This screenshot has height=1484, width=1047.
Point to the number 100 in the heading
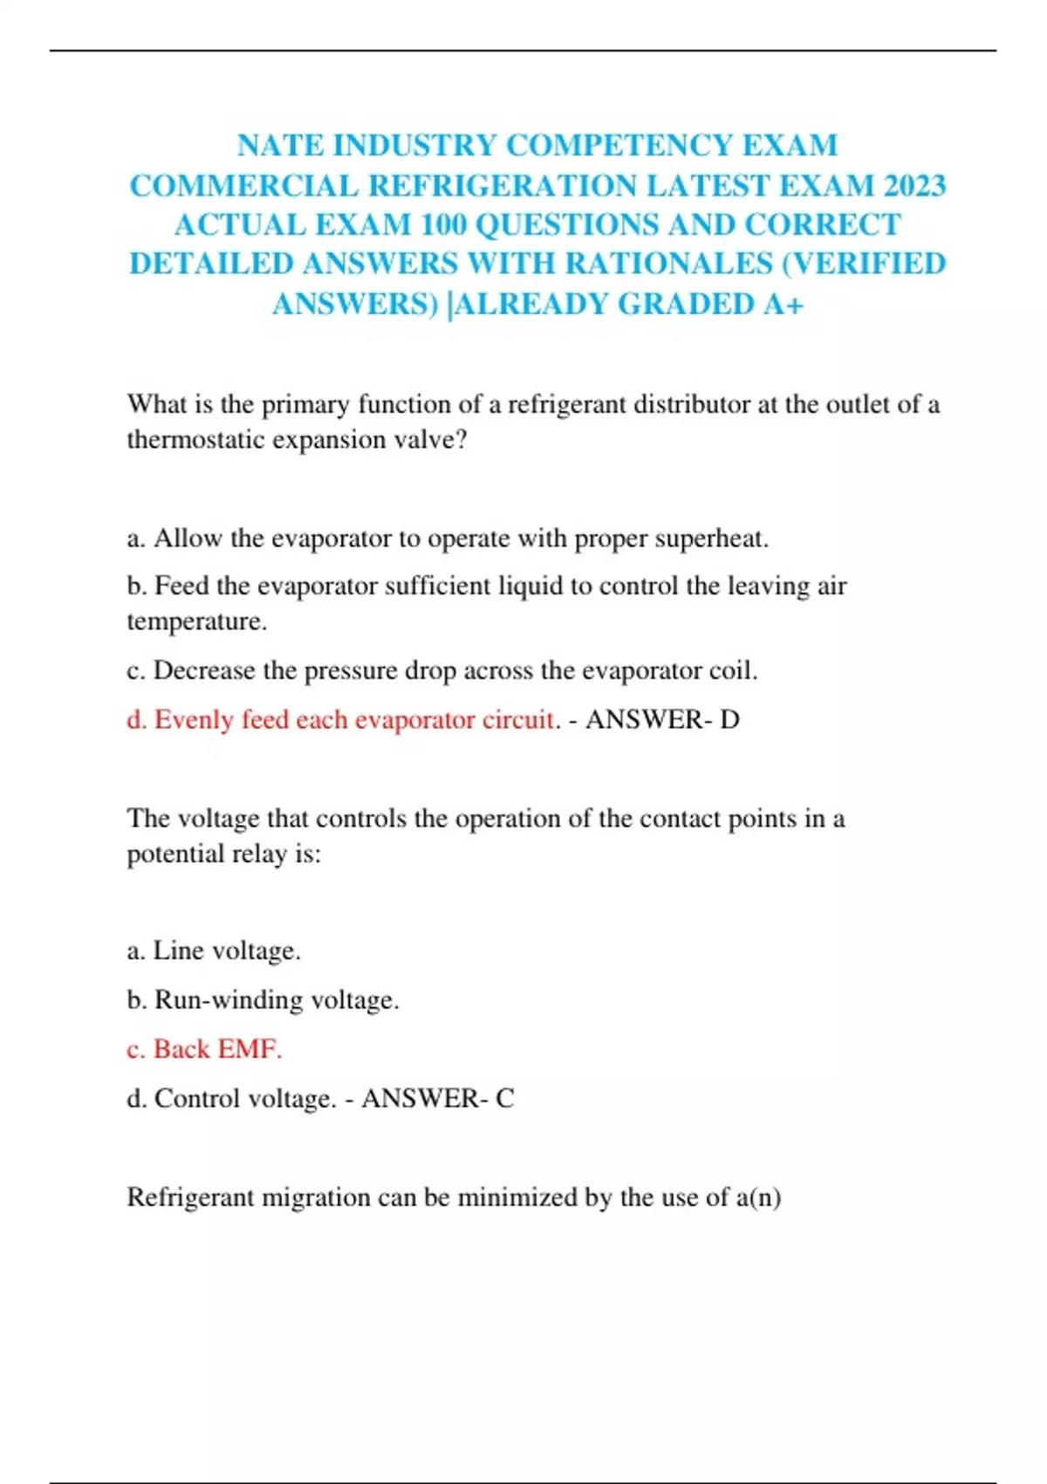tap(442, 224)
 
